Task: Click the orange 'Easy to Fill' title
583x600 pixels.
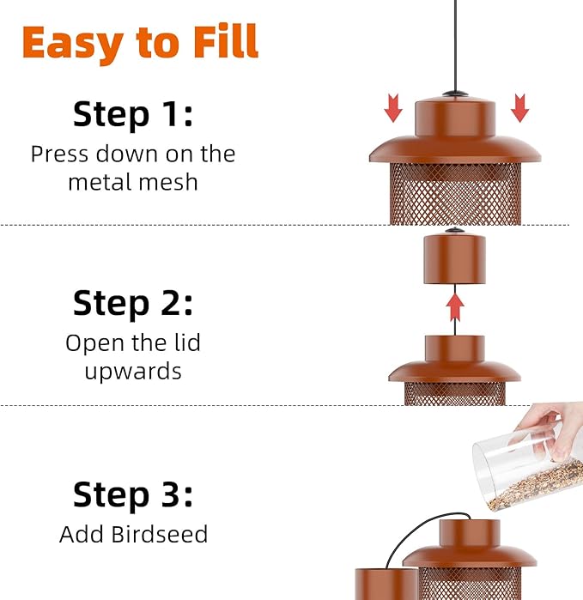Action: [140, 41]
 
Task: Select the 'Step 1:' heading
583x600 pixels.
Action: [133, 113]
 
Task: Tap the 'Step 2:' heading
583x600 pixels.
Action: [133, 303]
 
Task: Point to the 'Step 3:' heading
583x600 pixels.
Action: [133, 495]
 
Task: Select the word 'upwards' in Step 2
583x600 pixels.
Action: [133, 371]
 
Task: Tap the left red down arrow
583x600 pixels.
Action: [393, 108]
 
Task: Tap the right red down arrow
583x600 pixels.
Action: [519, 108]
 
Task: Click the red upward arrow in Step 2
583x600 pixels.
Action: [455, 306]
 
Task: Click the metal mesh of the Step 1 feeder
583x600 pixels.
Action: [455, 193]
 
